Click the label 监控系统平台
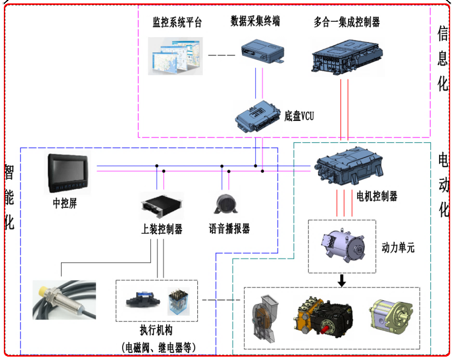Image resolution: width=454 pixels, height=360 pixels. pyautogui.click(x=177, y=23)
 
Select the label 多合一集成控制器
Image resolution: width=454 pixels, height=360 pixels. pyautogui.click(x=347, y=22)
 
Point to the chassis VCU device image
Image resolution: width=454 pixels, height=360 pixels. pyautogui.click(x=258, y=116)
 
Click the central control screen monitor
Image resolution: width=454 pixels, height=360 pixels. pyautogui.click(x=68, y=173)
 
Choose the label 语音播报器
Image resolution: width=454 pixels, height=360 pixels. pyautogui.click(x=229, y=228)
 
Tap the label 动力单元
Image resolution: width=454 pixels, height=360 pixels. pyautogui.click(x=398, y=248)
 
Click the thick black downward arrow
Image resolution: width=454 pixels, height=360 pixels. pyautogui.click(x=341, y=280)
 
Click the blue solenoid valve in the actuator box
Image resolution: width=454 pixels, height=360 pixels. pyautogui.click(x=143, y=301)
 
